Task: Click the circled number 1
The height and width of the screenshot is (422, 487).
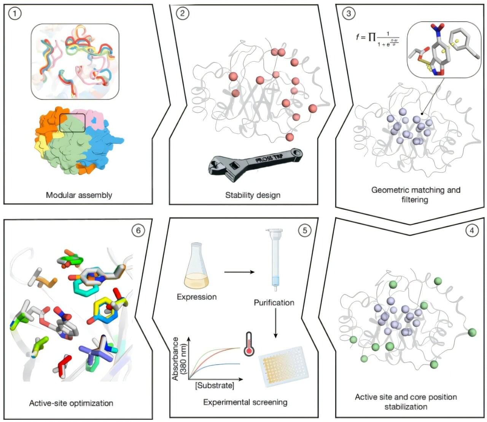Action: tap(15, 14)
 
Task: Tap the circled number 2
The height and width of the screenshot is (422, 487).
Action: tap(183, 14)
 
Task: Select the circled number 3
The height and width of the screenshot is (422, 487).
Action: tap(349, 14)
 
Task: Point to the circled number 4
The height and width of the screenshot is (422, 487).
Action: tap(472, 230)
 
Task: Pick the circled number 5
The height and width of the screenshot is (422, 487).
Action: tap(304, 230)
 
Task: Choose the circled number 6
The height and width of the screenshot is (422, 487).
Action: tap(138, 230)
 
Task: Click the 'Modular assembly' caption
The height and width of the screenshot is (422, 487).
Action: tap(79, 195)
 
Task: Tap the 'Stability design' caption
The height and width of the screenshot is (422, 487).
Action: tap(253, 195)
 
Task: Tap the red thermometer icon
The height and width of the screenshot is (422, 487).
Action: tap(249, 344)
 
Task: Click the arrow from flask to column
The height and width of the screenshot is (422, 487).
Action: tap(239, 272)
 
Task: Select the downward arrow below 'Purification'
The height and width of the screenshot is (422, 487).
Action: tap(276, 323)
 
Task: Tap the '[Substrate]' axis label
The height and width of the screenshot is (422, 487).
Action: tap(215, 385)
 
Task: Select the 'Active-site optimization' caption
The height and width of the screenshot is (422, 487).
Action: tap(71, 403)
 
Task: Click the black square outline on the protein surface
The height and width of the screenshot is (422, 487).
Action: tap(72, 123)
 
